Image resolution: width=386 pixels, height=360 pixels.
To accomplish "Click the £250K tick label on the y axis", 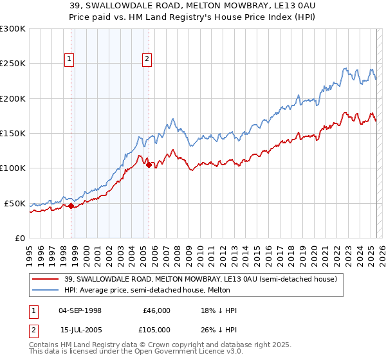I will pyautogui.click(x=13, y=64).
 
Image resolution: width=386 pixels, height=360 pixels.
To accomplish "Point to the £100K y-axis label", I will pyautogui.click(x=13, y=168).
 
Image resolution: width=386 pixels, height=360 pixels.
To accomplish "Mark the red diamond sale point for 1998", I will pyautogui.click(x=71, y=206).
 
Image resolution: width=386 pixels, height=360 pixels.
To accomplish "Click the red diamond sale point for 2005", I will pyautogui.click(x=149, y=165).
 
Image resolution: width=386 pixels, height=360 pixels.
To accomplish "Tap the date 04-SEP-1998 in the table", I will pyautogui.click(x=80, y=310).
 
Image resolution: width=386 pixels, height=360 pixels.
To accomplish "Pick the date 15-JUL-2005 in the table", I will pyautogui.click(x=80, y=329).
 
